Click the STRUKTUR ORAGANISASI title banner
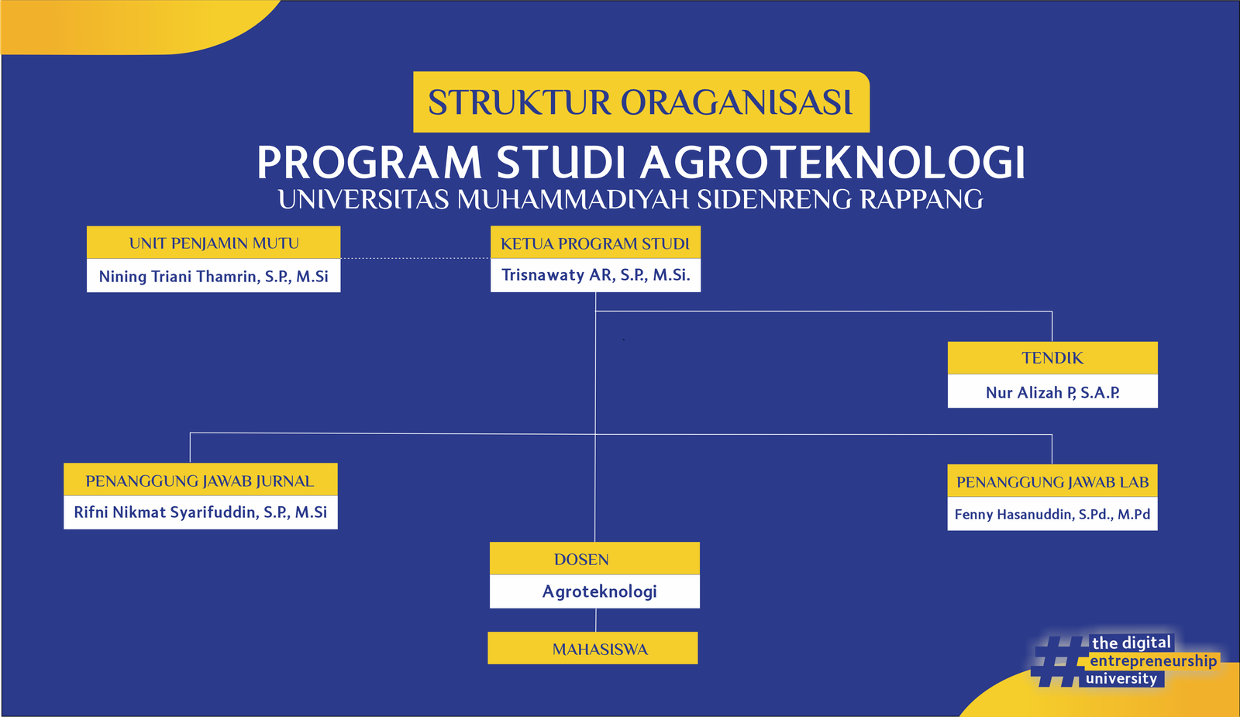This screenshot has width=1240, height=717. point(641,102)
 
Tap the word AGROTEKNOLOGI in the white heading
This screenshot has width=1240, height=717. point(832,162)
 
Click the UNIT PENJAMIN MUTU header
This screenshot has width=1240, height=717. point(214,243)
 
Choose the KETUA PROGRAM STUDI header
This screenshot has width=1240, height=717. point(596,243)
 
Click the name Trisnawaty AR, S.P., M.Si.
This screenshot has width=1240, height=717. point(596,275)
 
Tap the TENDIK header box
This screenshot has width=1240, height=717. point(1052,357)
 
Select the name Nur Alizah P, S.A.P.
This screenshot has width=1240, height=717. point(1052,392)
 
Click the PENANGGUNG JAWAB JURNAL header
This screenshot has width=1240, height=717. point(201,480)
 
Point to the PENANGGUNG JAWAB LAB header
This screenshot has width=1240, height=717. point(1052,481)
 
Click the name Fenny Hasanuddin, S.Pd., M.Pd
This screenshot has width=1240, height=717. point(1052,515)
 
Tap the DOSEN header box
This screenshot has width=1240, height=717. point(594,559)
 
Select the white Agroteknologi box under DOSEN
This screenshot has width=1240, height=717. point(594,591)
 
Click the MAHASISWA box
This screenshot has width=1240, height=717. point(593,648)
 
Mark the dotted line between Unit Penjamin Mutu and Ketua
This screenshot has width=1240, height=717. point(415,258)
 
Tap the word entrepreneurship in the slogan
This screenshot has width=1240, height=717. point(1153,661)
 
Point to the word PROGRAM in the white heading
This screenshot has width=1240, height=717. point(369,162)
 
